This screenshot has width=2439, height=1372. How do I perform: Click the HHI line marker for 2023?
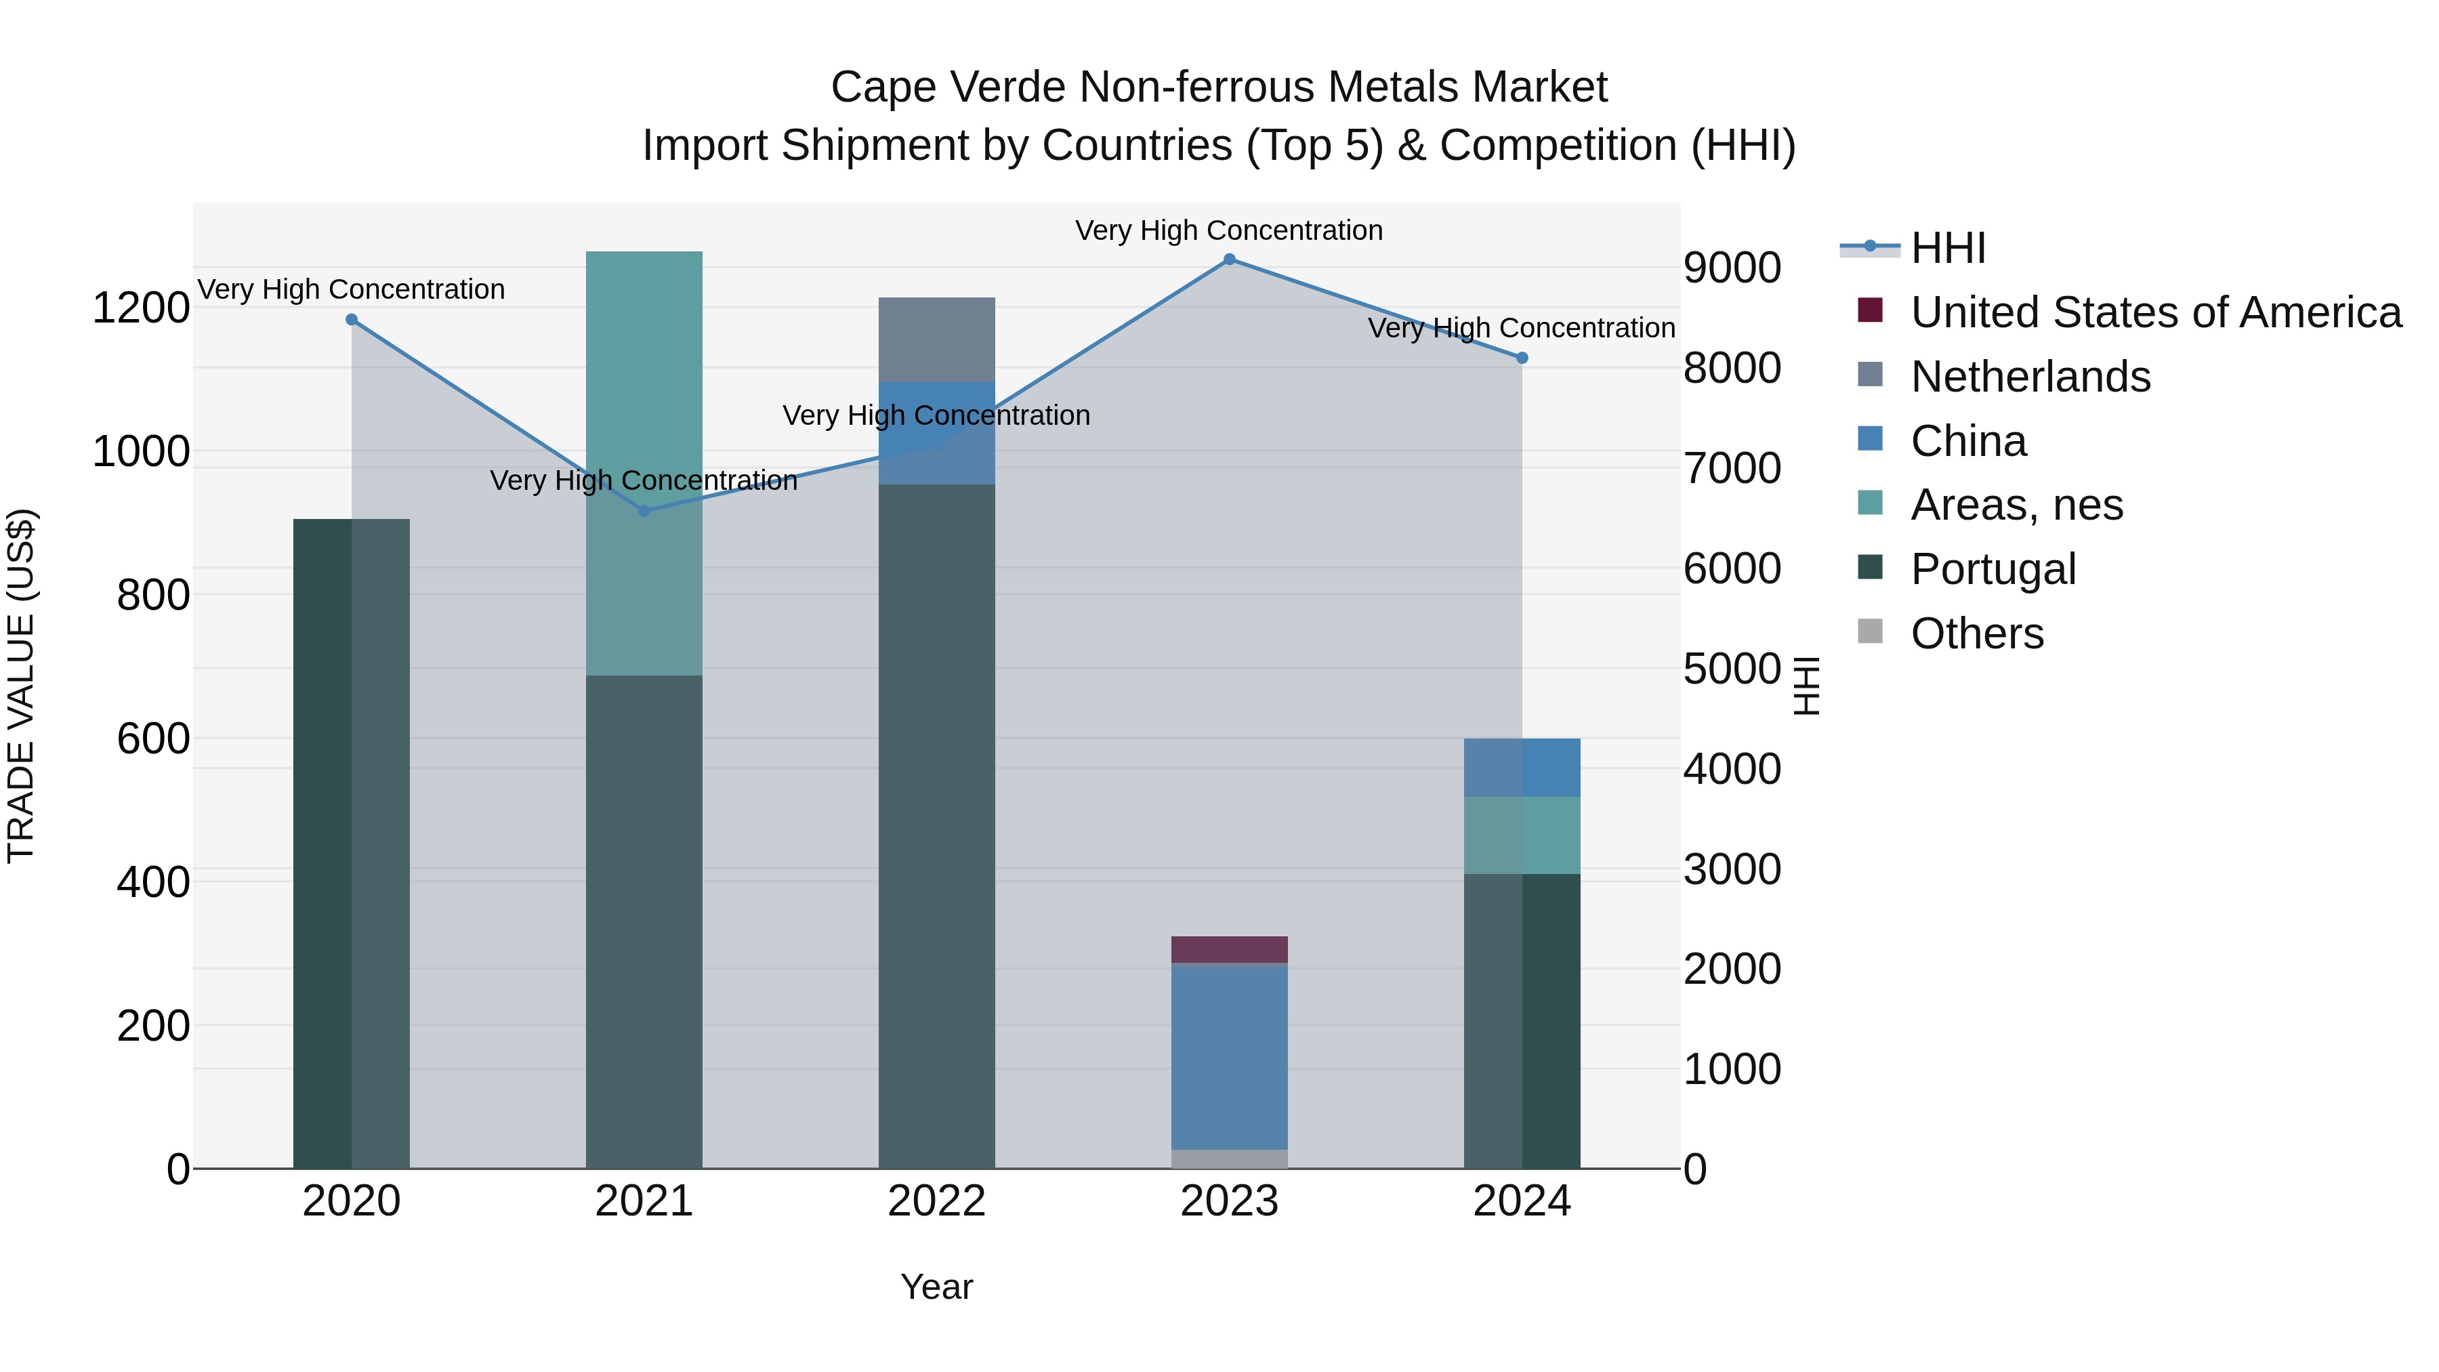1229,259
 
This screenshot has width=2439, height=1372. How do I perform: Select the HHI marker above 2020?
351,320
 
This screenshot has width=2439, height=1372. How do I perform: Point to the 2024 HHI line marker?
1522,358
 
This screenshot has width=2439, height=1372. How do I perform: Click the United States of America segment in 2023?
1229,950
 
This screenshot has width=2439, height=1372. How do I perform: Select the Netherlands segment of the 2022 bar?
936,339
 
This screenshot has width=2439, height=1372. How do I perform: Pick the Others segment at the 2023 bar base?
1229,1159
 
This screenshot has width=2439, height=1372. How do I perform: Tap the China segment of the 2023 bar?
1229,1056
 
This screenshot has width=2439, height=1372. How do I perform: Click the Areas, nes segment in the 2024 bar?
1522,835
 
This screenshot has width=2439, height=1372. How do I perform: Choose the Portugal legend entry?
1993,569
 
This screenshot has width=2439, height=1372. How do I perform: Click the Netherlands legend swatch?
1870,375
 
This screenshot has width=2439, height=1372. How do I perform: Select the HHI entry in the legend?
1948,248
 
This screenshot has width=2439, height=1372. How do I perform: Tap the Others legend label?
1977,633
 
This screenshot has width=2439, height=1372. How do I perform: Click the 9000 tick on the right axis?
1732,268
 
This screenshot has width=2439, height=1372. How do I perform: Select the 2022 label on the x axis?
936,1201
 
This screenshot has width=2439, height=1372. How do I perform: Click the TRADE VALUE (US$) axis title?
21,686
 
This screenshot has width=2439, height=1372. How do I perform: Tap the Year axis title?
936,1287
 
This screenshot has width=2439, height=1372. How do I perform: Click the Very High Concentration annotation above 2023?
1229,230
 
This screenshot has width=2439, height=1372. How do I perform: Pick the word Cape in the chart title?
870,87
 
